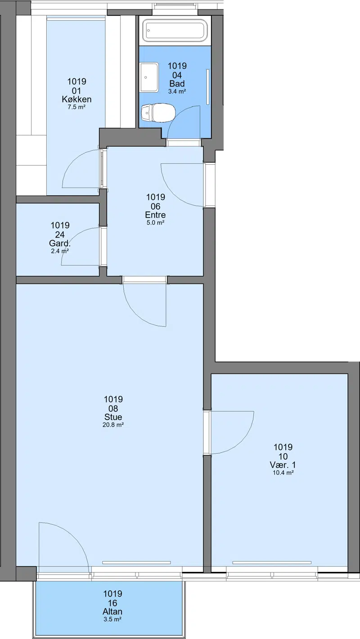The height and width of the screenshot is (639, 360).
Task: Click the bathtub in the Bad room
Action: (175, 30)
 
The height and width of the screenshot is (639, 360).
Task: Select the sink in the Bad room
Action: (149, 77)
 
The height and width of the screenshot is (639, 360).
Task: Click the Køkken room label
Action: (77, 99)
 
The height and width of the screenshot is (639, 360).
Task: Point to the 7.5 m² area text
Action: (77, 107)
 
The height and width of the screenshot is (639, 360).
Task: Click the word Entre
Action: (155, 215)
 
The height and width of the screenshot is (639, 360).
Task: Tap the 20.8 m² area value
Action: (113, 425)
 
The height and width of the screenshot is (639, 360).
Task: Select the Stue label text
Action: (113, 417)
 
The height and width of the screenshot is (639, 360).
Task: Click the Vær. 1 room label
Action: (283, 465)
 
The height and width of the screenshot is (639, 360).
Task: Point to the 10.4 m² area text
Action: (283, 472)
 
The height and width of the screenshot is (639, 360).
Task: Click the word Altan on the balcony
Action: (112, 612)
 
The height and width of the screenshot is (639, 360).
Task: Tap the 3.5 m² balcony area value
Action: (112, 619)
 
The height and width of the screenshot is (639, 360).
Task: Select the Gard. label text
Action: (60, 243)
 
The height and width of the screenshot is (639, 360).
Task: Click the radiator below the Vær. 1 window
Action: (272, 563)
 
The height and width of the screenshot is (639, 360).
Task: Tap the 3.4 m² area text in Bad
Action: (177, 91)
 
